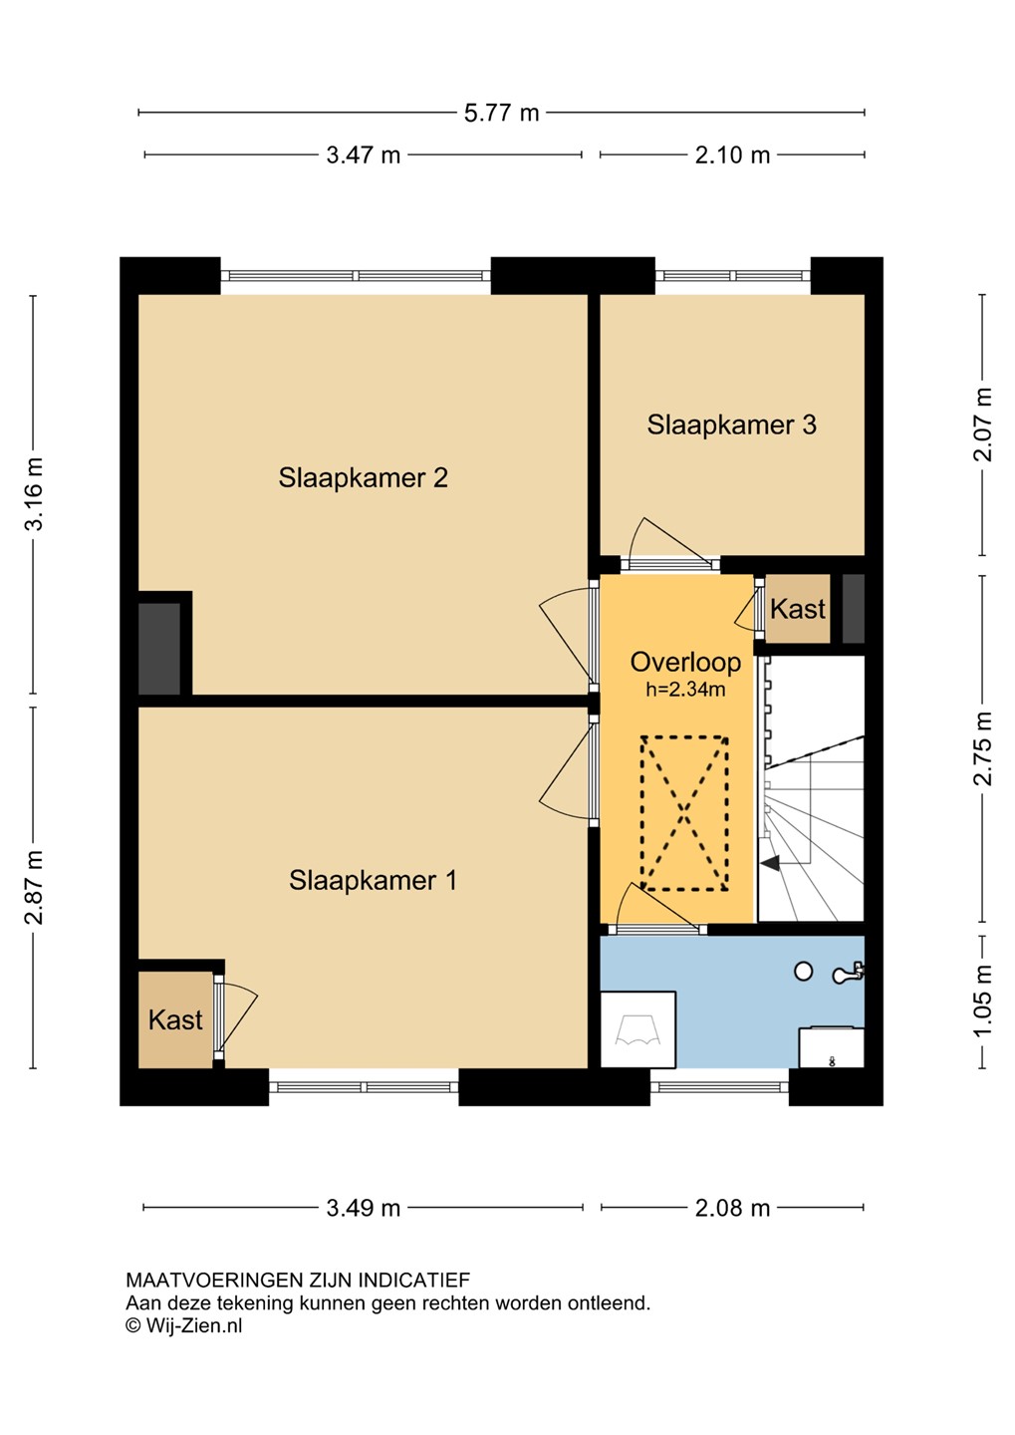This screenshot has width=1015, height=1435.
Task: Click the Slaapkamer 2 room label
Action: point(363,478)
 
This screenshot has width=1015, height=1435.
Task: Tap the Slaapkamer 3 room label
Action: point(731,425)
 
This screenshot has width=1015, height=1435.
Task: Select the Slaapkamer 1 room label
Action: point(373,880)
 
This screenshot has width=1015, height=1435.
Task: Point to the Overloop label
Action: point(685,663)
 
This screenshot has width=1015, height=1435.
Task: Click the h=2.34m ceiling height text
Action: point(685,690)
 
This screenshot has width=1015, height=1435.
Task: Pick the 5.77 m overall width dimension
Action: point(501,114)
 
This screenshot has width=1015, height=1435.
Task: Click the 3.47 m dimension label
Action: point(364,155)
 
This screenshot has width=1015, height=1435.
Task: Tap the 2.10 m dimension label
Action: point(732,155)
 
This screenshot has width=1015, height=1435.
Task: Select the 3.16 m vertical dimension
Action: point(33,494)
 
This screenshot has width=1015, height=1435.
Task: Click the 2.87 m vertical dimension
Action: point(33,887)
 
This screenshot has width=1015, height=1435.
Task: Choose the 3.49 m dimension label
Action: point(364,1208)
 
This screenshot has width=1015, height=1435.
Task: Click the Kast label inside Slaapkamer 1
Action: point(175,1019)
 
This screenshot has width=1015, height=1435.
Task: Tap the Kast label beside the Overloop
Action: point(797,609)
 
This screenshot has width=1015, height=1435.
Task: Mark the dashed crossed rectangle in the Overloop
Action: point(684,813)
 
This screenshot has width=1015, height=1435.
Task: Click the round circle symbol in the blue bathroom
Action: point(803,972)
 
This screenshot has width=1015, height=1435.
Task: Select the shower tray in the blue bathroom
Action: point(637,1030)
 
